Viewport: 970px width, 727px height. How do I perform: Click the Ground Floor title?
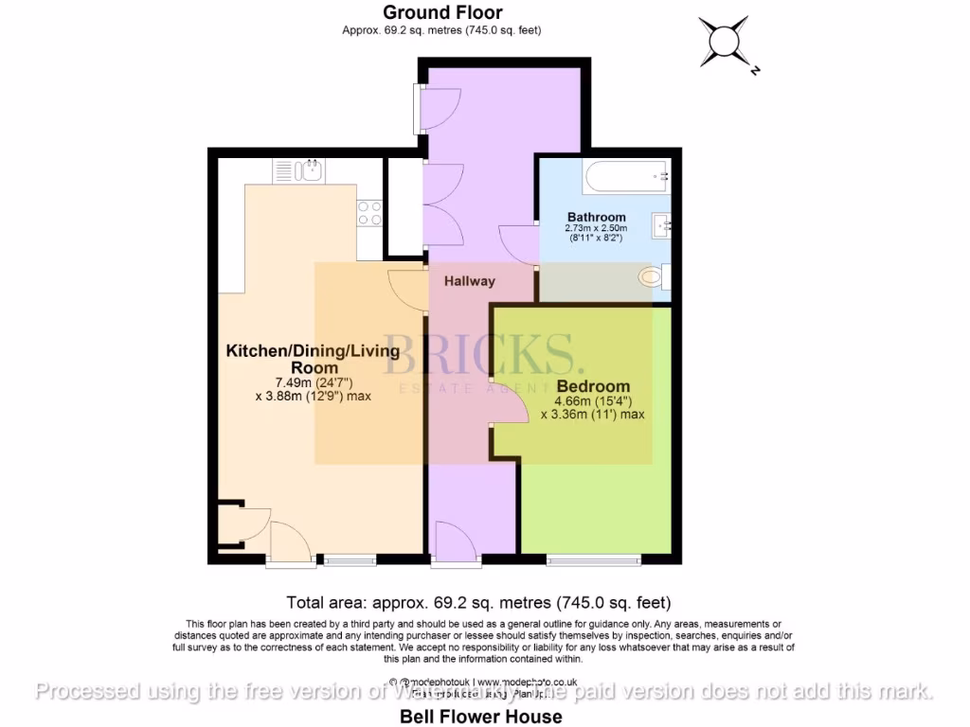click(x=441, y=12)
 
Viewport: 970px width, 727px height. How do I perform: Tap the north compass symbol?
click(x=727, y=42)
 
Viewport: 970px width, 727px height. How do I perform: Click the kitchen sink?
click(x=311, y=170)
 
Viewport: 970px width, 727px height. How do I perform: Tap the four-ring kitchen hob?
click(x=369, y=214)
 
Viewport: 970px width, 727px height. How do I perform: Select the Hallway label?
click(x=470, y=281)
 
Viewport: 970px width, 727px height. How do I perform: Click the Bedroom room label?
click(x=593, y=386)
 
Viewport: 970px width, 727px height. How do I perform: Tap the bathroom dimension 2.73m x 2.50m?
click(x=597, y=229)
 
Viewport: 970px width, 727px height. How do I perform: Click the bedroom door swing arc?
click(x=512, y=408)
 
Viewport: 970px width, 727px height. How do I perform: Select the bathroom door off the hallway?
click(x=519, y=248)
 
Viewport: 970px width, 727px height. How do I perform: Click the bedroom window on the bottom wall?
click(x=594, y=560)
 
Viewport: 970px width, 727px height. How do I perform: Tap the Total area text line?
click(x=478, y=602)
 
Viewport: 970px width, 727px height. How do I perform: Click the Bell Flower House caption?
click(x=480, y=717)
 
